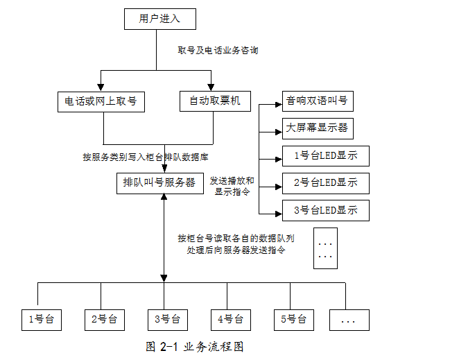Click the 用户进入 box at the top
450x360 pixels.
(x=159, y=19)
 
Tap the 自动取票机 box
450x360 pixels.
(x=214, y=101)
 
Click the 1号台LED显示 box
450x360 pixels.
(x=325, y=156)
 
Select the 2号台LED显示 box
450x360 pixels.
(x=325, y=183)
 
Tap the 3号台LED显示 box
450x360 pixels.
(x=325, y=210)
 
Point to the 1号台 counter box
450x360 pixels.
(x=41, y=320)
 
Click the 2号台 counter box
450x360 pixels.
(x=103, y=320)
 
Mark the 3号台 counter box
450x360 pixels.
(x=167, y=320)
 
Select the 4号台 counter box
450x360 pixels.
(x=230, y=320)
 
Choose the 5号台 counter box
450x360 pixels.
(x=293, y=320)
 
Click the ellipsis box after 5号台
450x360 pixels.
(x=349, y=320)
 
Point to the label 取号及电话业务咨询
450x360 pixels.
(x=218, y=51)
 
